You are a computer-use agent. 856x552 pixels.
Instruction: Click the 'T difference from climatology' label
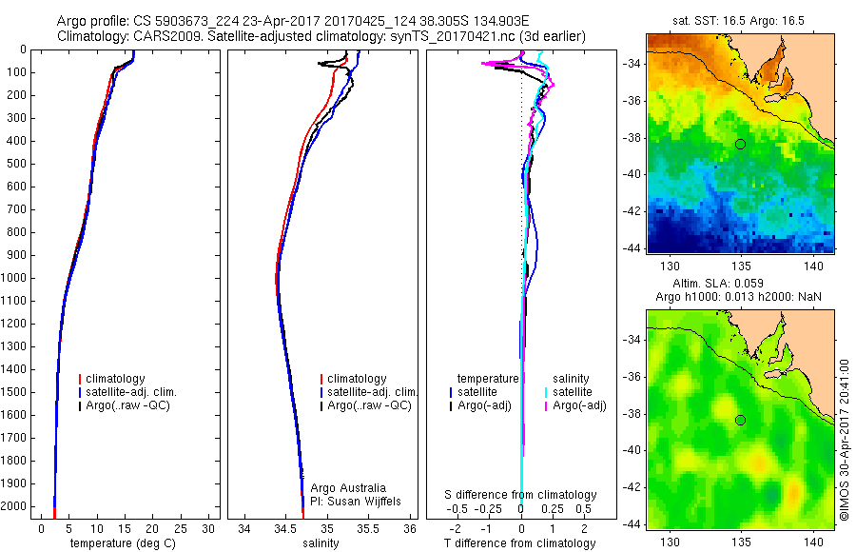pyautogui.click(x=520, y=543)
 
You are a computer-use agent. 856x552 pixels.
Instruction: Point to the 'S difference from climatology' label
pyautogui.click(x=521, y=495)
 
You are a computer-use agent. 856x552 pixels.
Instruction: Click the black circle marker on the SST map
pyautogui.click(x=740, y=144)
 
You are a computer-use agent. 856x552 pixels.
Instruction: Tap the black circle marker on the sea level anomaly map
pyautogui.click(x=740, y=421)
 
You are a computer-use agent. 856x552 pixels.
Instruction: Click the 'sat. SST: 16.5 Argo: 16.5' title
pyautogui.click(x=740, y=18)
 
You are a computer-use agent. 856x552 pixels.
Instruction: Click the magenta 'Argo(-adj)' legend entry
pyautogui.click(x=579, y=405)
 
